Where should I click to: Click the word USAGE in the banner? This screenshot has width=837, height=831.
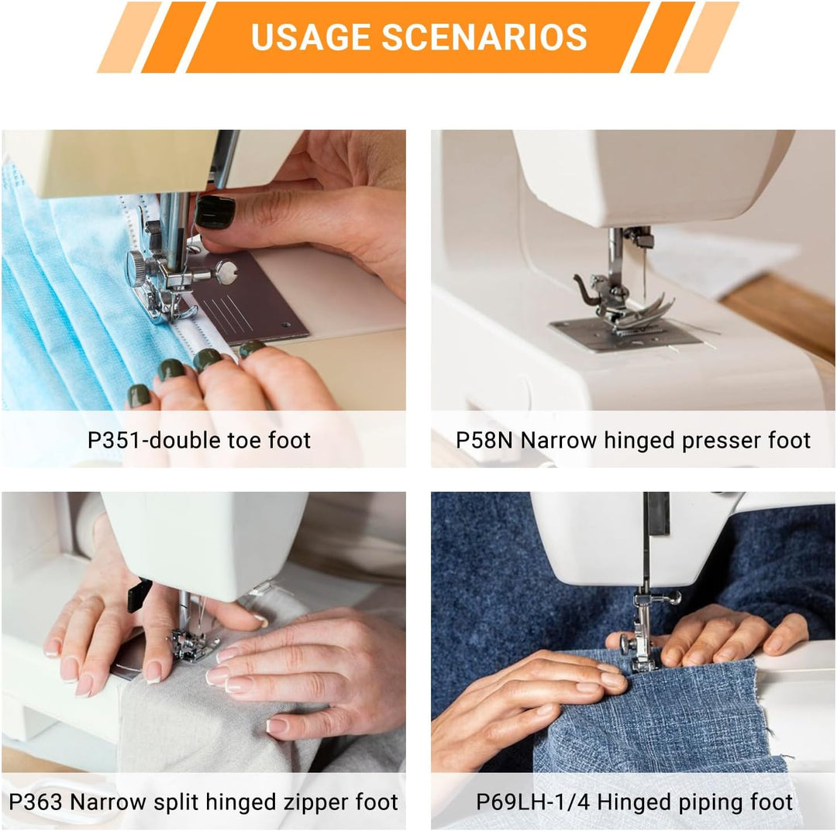(x=311, y=37)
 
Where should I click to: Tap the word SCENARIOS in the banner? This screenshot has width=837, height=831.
(x=484, y=37)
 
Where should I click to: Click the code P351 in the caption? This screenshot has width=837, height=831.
(x=114, y=440)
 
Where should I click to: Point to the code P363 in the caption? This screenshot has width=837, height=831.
(x=36, y=802)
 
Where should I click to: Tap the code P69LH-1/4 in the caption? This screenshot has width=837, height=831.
(x=532, y=802)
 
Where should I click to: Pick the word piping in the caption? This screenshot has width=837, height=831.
(x=710, y=802)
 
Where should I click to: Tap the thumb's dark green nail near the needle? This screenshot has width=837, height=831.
(x=215, y=211)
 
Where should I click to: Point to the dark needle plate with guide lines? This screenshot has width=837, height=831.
(x=251, y=296)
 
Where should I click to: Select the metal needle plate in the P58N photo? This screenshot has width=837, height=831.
(x=625, y=335)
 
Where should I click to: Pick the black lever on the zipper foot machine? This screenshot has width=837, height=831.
(x=139, y=594)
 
